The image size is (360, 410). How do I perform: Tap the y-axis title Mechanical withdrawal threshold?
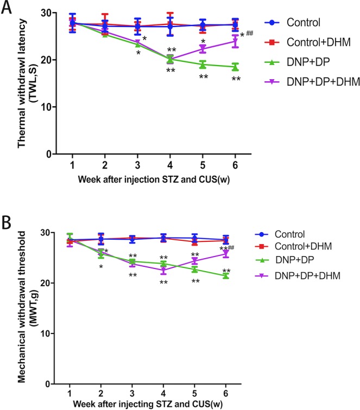pos(23,306)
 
